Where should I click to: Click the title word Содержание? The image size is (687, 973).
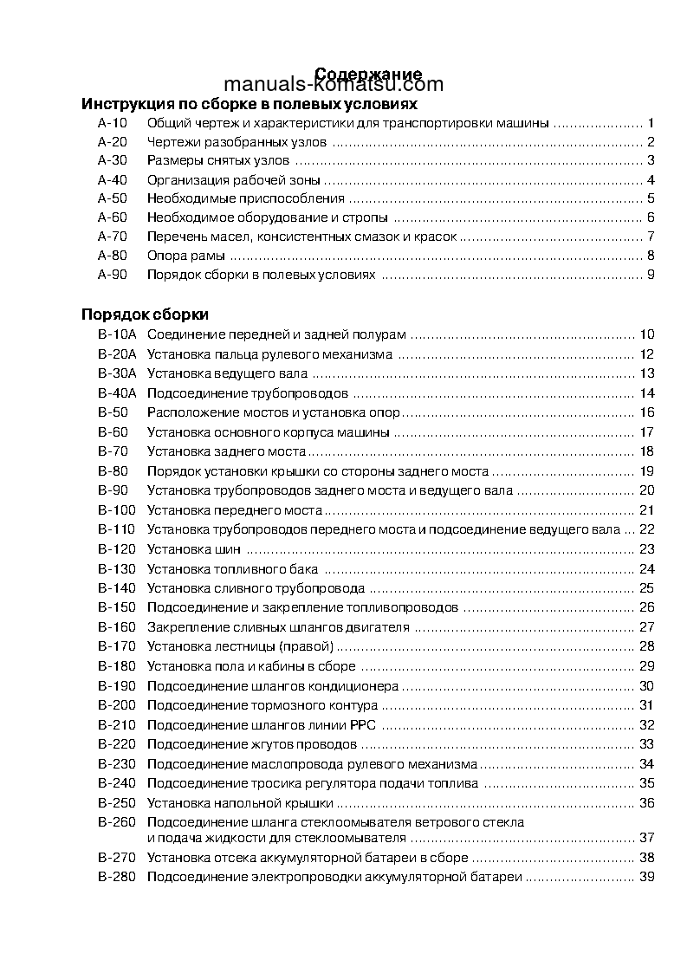coord(368,74)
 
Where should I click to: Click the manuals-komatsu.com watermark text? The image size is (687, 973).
coord(334,85)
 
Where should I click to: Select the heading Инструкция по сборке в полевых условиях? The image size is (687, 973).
coord(243,104)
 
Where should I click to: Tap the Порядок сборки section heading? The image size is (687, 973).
coord(145,315)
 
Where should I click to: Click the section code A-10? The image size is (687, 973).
coord(113,123)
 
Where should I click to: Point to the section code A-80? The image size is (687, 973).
coord(113,256)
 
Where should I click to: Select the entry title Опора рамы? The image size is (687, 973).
coord(186,256)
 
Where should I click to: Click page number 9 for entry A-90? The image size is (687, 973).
coord(650,276)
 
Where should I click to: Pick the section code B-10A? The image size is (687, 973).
coord(117,334)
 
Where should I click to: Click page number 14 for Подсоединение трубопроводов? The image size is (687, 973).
coord(646,393)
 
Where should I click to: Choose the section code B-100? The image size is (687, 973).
coord(117,509)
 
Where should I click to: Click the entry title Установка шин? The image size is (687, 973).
coord(194,548)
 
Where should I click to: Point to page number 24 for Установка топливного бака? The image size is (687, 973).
coord(646,568)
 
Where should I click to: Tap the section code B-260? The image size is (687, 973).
coord(117,821)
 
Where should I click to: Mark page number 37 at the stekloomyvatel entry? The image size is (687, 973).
coord(646,838)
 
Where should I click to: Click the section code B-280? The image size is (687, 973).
coord(117,877)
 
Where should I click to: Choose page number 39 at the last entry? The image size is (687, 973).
coord(646,877)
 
